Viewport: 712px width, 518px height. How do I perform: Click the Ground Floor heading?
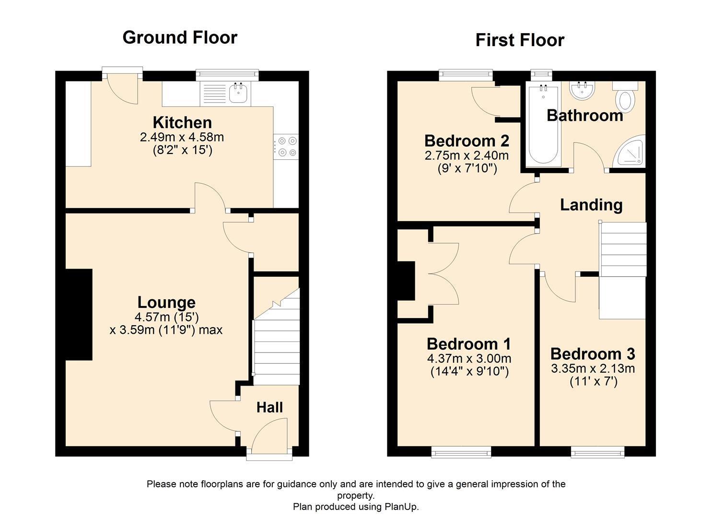pos(180,37)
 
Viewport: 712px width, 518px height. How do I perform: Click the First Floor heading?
pos(520,40)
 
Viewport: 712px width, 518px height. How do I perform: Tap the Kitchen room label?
pos(182,122)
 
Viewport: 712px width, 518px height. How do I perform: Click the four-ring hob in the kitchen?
pos(286,147)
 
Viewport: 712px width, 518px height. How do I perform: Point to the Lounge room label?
pos(166,302)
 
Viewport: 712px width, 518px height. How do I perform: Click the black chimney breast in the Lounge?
pos(79,314)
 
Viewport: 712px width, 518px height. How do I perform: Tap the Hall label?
pos(269,407)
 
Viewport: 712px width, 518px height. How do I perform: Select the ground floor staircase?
pos(276,341)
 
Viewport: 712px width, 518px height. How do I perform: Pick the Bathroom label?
pos(584,116)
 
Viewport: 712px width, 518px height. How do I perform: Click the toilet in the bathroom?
pos(626,98)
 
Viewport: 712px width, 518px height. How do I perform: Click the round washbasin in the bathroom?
pos(582,91)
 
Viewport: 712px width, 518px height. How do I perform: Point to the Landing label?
pos(591,205)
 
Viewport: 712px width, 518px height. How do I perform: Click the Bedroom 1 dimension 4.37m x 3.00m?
pos(468,358)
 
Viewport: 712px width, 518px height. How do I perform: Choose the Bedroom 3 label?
pos(592,354)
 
